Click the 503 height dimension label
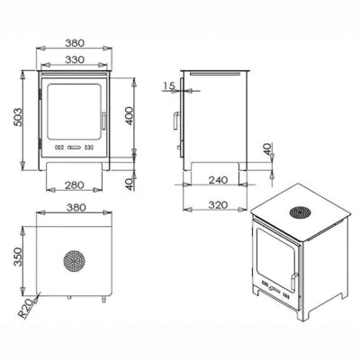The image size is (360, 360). pyautogui.click(x=18, y=117)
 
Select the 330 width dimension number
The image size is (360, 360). pyautogui.click(x=75, y=59)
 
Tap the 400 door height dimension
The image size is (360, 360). pyautogui.click(x=129, y=116)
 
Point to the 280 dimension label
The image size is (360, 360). pyautogui.click(x=75, y=185)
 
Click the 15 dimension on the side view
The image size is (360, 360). pyautogui.click(x=169, y=85)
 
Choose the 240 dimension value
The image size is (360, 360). pyautogui.click(x=218, y=180)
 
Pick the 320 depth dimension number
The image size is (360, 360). pyautogui.click(x=218, y=205)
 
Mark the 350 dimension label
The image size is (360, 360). pyautogui.click(x=18, y=256)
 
